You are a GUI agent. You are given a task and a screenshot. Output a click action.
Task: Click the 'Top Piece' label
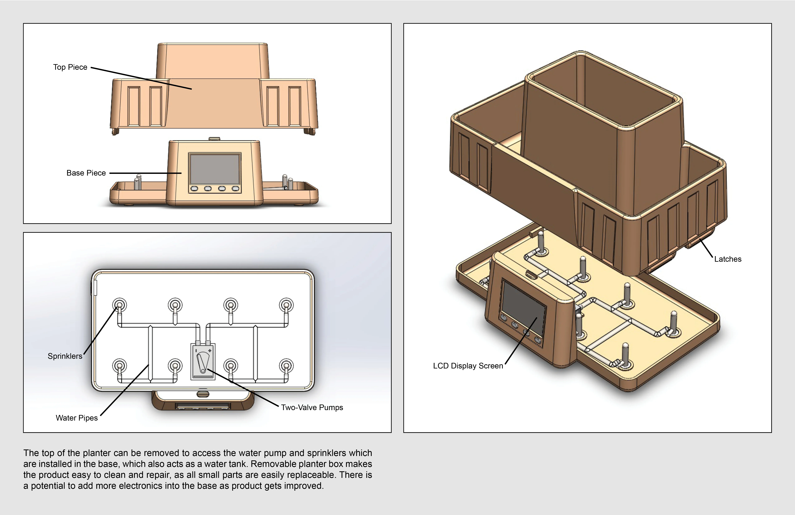click(x=70, y=67)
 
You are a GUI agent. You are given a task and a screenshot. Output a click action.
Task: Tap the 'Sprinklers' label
click(x=65, y=356)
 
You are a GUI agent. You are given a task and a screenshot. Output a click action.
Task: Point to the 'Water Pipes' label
click(x=77, y=418)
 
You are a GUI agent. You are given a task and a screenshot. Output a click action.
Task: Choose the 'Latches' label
click(x=728, y=259)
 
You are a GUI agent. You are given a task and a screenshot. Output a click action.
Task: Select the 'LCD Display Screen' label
click(x=468, y=366)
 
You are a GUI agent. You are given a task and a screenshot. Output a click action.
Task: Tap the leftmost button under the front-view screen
click(x=194, y=189)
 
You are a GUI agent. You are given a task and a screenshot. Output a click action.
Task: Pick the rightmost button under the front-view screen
click(x=236, y=189)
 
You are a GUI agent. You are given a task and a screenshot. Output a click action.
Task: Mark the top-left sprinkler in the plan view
click(x=119, y=305)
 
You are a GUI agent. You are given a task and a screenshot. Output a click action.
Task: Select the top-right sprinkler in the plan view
click(x=286, y=305)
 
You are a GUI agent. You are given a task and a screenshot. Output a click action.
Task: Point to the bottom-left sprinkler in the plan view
click(x=119, y=365)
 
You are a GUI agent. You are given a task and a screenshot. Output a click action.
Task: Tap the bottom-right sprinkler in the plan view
click(x=286, y=365)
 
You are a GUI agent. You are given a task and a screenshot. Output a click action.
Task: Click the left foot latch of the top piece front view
click(x=115, y=131)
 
